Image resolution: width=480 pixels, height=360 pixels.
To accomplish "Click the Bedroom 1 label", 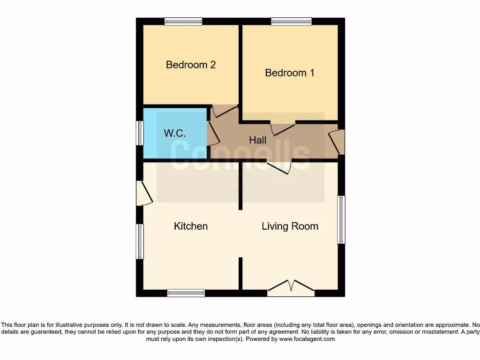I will coord(289,73).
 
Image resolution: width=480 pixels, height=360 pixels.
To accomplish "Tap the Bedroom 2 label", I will coord(191,65).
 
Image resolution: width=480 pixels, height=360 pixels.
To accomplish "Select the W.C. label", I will coord(174,133).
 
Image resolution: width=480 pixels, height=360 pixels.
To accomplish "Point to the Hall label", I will coord(257,140).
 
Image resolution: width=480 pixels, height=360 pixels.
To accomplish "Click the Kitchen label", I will coord(191,226).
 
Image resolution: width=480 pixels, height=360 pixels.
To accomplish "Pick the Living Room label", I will coord(290,226).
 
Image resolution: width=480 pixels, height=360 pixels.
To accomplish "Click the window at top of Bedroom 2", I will coord(183,21).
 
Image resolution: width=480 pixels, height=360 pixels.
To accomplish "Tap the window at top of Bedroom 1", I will coord(291,21).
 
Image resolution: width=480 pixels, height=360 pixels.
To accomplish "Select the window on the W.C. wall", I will coord(140,133).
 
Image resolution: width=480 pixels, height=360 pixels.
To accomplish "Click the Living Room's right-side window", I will coord(342,219).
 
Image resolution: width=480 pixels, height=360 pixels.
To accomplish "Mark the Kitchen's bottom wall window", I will coord(186,293).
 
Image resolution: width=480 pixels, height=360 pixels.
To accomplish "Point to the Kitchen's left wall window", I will coord(140,241).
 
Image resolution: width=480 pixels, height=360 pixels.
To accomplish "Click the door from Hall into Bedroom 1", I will coord(283,129).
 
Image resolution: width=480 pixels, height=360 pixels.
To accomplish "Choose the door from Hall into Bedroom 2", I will coord(225,111).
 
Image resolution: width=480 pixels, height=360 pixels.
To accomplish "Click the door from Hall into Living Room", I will coord(279,167).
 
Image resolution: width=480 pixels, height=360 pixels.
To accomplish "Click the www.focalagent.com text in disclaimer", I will coord(307,339).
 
